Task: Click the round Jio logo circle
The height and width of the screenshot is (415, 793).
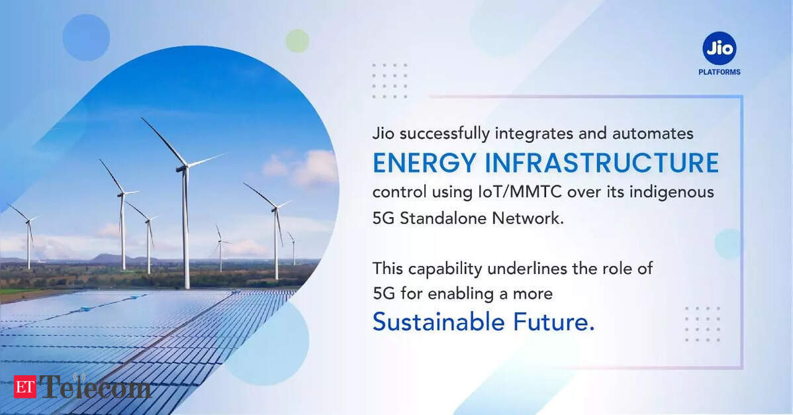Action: tap(719, 48)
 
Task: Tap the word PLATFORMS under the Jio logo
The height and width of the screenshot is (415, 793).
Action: tap(719, 72)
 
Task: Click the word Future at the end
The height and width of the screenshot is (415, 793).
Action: tap(554, 322)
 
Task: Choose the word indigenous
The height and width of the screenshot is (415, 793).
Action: tap(672, 193)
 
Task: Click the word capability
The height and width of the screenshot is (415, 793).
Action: tap(445, 269)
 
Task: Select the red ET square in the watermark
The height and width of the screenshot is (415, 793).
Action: tap(24, 387)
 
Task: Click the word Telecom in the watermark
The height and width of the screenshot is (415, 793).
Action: tap(95, 387)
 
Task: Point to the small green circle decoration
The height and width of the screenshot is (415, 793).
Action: tap(297, 40)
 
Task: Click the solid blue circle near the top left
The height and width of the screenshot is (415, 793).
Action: tap(86, 38)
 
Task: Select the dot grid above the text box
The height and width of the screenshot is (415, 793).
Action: tap(389, 80)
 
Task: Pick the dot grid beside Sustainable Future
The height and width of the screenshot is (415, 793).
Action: tap(702, 324)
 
